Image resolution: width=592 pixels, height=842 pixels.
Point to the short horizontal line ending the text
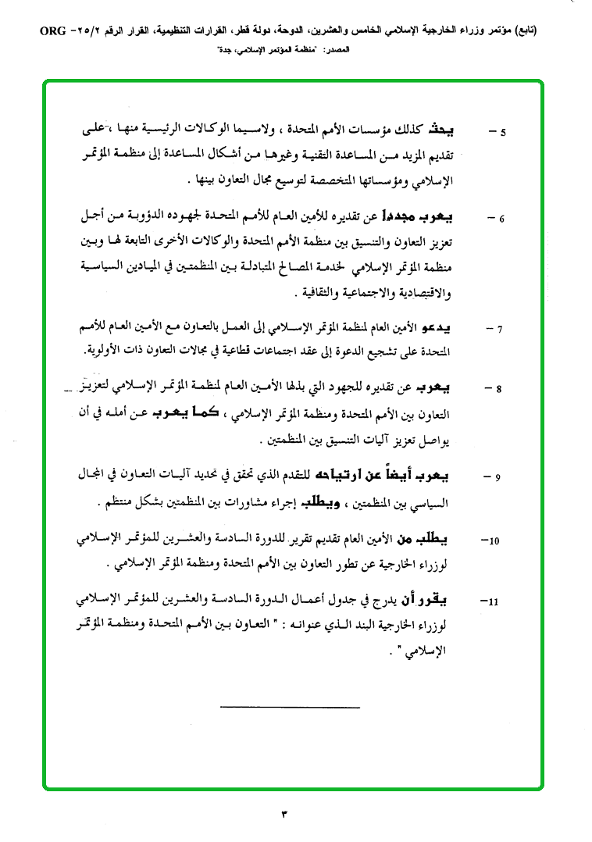coord(290,708)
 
